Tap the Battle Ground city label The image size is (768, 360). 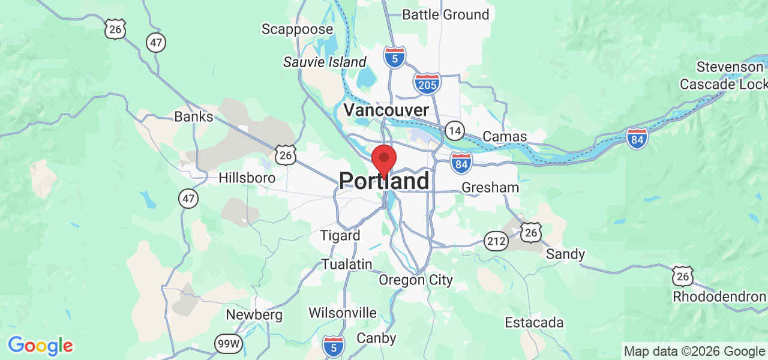coord(445,14)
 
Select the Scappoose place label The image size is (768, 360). coord(297,29)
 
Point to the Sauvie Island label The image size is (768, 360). coord(325,62)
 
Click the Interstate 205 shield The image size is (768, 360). coord(427,83)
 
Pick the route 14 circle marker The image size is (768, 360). coord(455,130)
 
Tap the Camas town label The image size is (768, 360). coord(505,136)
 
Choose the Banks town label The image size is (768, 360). coord(194,116)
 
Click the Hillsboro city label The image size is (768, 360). coord(247,178)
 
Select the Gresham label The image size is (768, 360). coord(490,187)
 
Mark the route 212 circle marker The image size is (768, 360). coord(496,241)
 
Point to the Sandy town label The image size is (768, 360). coord(565,254)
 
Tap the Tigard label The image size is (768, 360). coord(340,235)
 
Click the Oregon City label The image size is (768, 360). coord(416,280)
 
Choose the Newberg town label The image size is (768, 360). coord(254,314)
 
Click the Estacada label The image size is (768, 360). coord(534,322)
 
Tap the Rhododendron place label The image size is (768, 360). coord(719,296)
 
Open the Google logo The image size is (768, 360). coord(40,346)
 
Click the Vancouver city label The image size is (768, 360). coord(386,110)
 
